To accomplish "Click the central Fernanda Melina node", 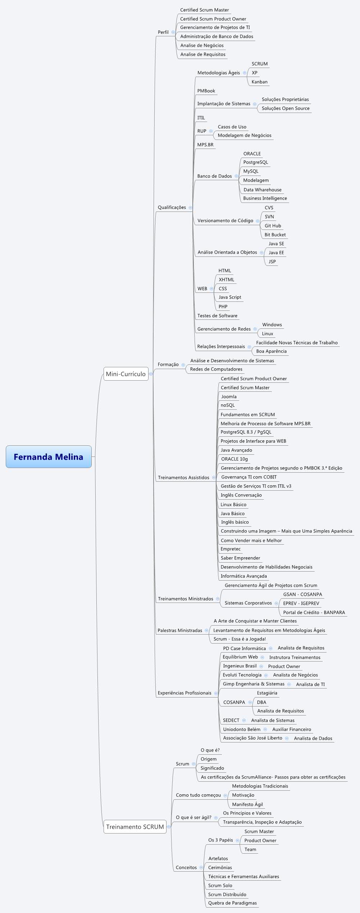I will [49, 456].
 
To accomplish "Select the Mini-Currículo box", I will [126, 374].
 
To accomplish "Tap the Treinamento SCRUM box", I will [135, 827].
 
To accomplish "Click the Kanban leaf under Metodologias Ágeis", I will [259, 82].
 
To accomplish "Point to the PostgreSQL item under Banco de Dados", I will [255, 162].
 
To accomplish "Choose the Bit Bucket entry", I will [275, 235].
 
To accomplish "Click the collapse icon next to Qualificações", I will [190, 208].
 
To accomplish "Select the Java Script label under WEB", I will [230, 297].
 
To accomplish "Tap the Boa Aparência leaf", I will [271, 351].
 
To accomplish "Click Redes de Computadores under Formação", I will [216, 369].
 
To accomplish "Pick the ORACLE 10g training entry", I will [234, 459].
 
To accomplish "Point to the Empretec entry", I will [231, 549].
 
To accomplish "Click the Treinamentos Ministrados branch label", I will [186, 599].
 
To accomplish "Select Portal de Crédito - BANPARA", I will [314, 612].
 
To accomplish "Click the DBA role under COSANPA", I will [261, 702].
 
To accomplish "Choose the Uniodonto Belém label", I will [241, 729].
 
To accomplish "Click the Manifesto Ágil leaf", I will [247, 804].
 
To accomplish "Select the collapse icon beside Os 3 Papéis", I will [237, 840].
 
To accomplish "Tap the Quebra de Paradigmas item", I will [232, 903].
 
